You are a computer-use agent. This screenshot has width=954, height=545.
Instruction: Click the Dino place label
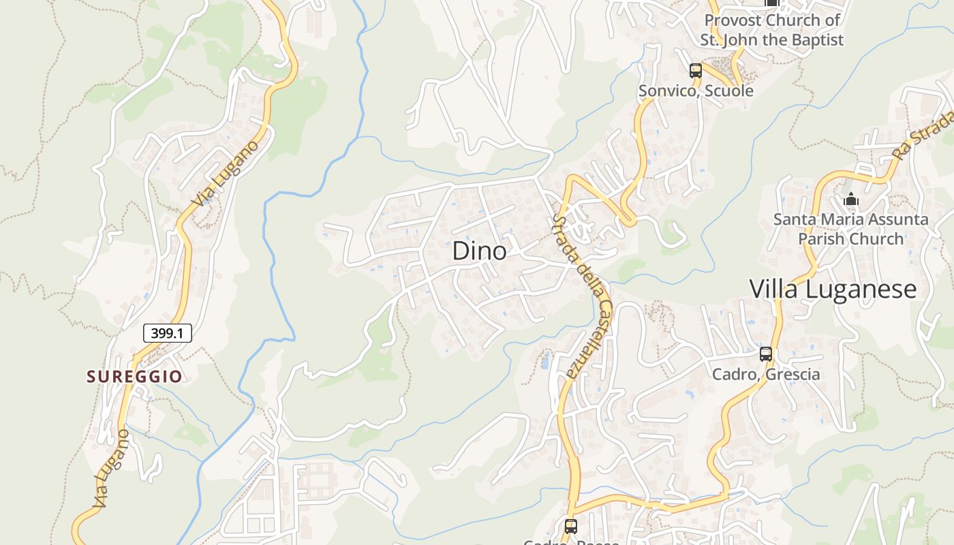coord(479,251)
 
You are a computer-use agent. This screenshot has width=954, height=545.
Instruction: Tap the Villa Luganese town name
coord(833,289)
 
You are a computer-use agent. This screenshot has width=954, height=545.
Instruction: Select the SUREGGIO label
coord(134,376)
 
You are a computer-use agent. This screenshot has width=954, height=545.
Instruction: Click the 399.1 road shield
coord(167,333)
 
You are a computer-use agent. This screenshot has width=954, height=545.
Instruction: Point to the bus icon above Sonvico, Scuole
coord(695,70)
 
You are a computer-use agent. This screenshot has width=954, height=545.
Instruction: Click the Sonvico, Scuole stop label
coord(696,91)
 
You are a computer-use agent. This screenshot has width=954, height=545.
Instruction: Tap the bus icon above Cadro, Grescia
coord(766,354)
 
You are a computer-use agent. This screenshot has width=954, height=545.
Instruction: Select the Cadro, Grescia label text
coord(766,374)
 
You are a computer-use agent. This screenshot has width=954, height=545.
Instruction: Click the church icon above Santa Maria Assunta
coord(850,200)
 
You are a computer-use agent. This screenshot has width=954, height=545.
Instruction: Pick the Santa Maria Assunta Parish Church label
coord(850,229)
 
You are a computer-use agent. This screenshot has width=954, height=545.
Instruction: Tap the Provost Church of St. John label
coord(772,30)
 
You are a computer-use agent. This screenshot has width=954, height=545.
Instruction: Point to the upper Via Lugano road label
coord(226,173)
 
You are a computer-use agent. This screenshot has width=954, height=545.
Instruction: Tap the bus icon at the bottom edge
coord(571,526)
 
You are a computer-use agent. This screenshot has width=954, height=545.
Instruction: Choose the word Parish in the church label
coord(822,239)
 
